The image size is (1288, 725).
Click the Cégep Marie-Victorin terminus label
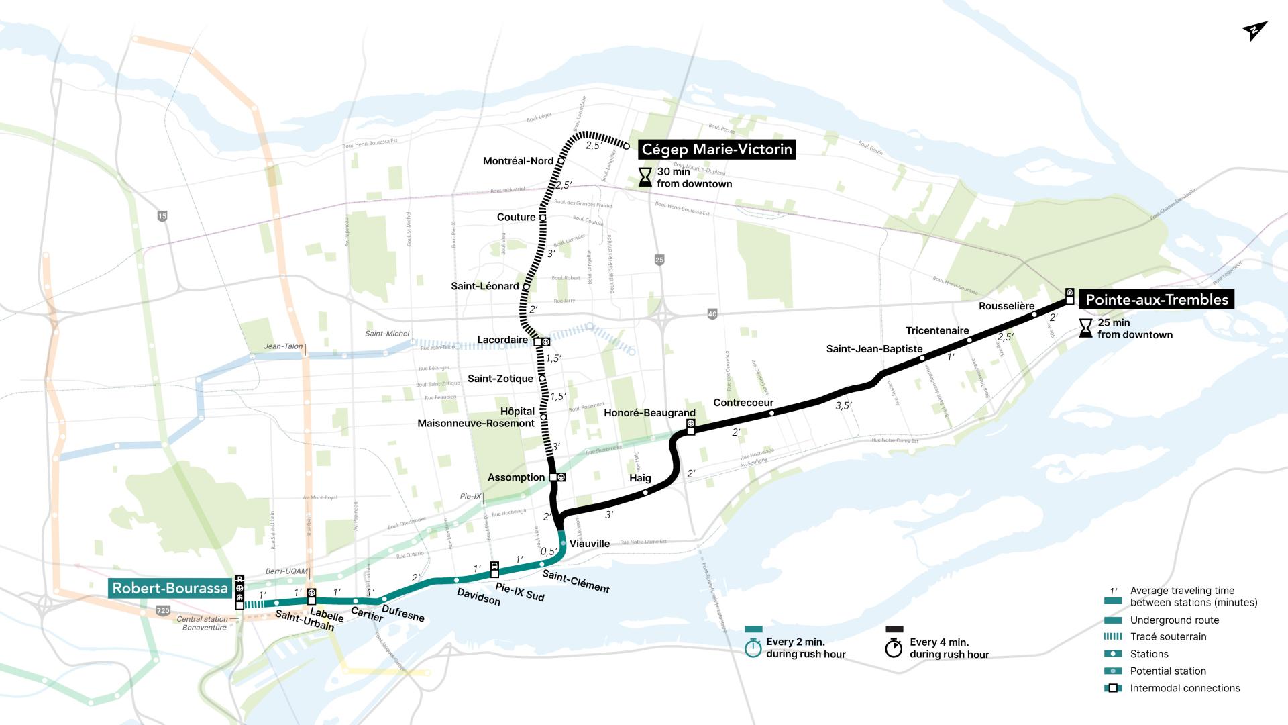pyautogui.click(x=716, y=149)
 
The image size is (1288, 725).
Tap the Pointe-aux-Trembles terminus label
pyautogui.click(x=1157, y=300)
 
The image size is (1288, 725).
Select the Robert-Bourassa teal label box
pyautogui.click(x=170, y=589)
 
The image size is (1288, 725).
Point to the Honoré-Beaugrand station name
pyautogui.click(x=649, y=413)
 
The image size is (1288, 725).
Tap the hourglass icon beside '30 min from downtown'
pyautogui.click(x=645, y=177)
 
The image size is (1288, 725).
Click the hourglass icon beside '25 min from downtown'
pyautogui.click(x=1085, y=328)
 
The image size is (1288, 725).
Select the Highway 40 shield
pyautogui.click(x=712, y=313)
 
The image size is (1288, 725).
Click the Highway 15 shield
pyautogui.click(x=162, y=216)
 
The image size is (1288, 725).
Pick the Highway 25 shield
pyautogui.click(x=659, y=260)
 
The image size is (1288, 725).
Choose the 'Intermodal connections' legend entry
pyautogui.click(x=1184, y=688)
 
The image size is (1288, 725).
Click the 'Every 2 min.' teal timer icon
pyautogui.click(x=754, y=648)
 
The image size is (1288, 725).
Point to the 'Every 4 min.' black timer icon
pyautogui.click(x=894, y=648)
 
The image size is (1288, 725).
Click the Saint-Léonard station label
pyautogui.click(x=484, y=286)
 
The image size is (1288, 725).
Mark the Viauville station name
pyautogui.click(x=589, y=544)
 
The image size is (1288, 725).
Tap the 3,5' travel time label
pyautogui.click(x=843, y=406)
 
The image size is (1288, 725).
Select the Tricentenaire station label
pyautogui.click(x=936, y=330)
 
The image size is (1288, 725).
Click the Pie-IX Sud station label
pyautogui.click(x=519, y=592)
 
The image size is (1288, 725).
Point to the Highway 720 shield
pyautogui.click(x=162, y=611)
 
